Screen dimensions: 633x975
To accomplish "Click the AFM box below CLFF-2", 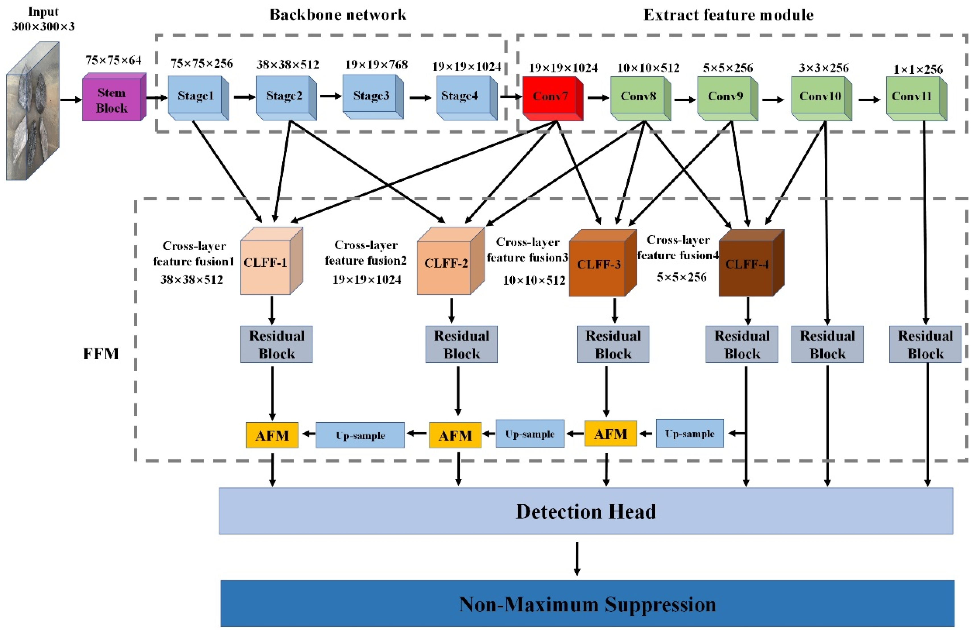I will (455, 435).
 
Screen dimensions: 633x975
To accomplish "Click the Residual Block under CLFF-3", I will (613, 344).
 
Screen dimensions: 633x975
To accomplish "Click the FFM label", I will (101, 354).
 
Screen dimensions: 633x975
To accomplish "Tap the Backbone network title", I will (338, 15).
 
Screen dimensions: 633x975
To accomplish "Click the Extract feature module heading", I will (728, 15).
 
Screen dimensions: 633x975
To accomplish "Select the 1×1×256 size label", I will (918, 69).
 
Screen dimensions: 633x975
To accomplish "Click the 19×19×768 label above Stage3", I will (376, 65).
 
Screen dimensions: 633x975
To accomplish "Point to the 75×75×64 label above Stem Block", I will (113, 61).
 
